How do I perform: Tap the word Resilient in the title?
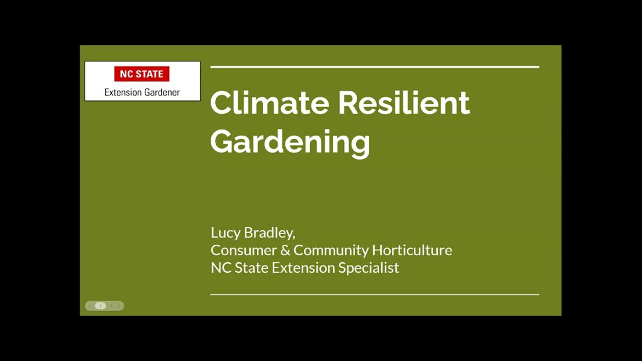click(404, 103)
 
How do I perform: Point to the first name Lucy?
click(226, 233)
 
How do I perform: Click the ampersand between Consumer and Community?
click(284, 250)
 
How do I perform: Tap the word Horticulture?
click(412, 250)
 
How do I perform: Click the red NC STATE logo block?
click(142, 74)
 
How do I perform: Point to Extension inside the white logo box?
click(123, 92)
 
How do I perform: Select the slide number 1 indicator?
click(100, 306)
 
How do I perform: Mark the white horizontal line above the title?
click(374, 67)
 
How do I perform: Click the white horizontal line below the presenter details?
click(374, 295)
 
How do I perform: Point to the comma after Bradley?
click(294, 236)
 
